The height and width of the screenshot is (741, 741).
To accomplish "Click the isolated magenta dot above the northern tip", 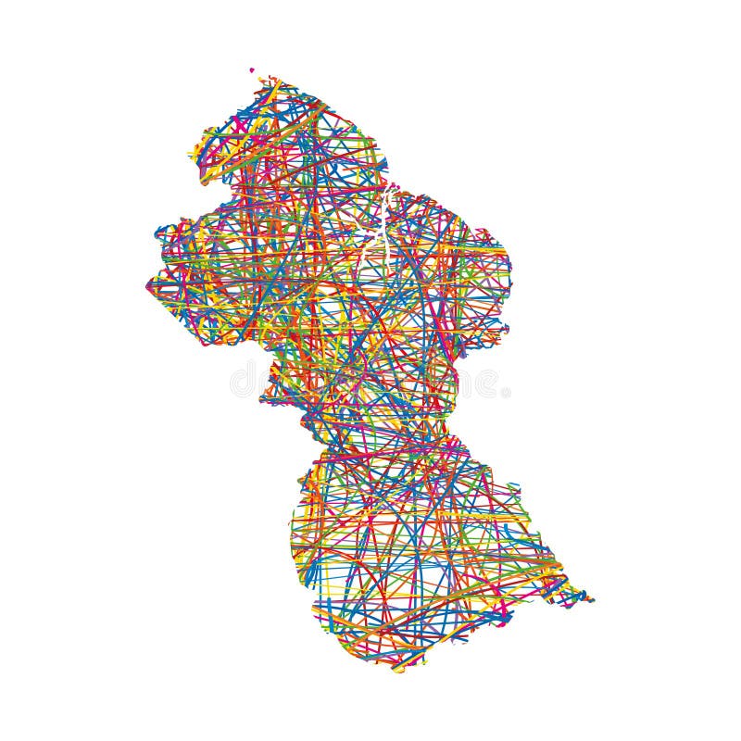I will (x=251, y=69).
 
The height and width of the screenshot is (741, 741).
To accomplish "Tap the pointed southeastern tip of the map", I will (x=590, y=600).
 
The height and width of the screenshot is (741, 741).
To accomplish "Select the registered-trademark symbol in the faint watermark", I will (x=506, y=393).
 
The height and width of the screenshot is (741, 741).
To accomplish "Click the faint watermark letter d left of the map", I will (x=243, y=380).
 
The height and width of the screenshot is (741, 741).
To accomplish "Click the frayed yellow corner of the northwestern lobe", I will (x=195, y=153).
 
